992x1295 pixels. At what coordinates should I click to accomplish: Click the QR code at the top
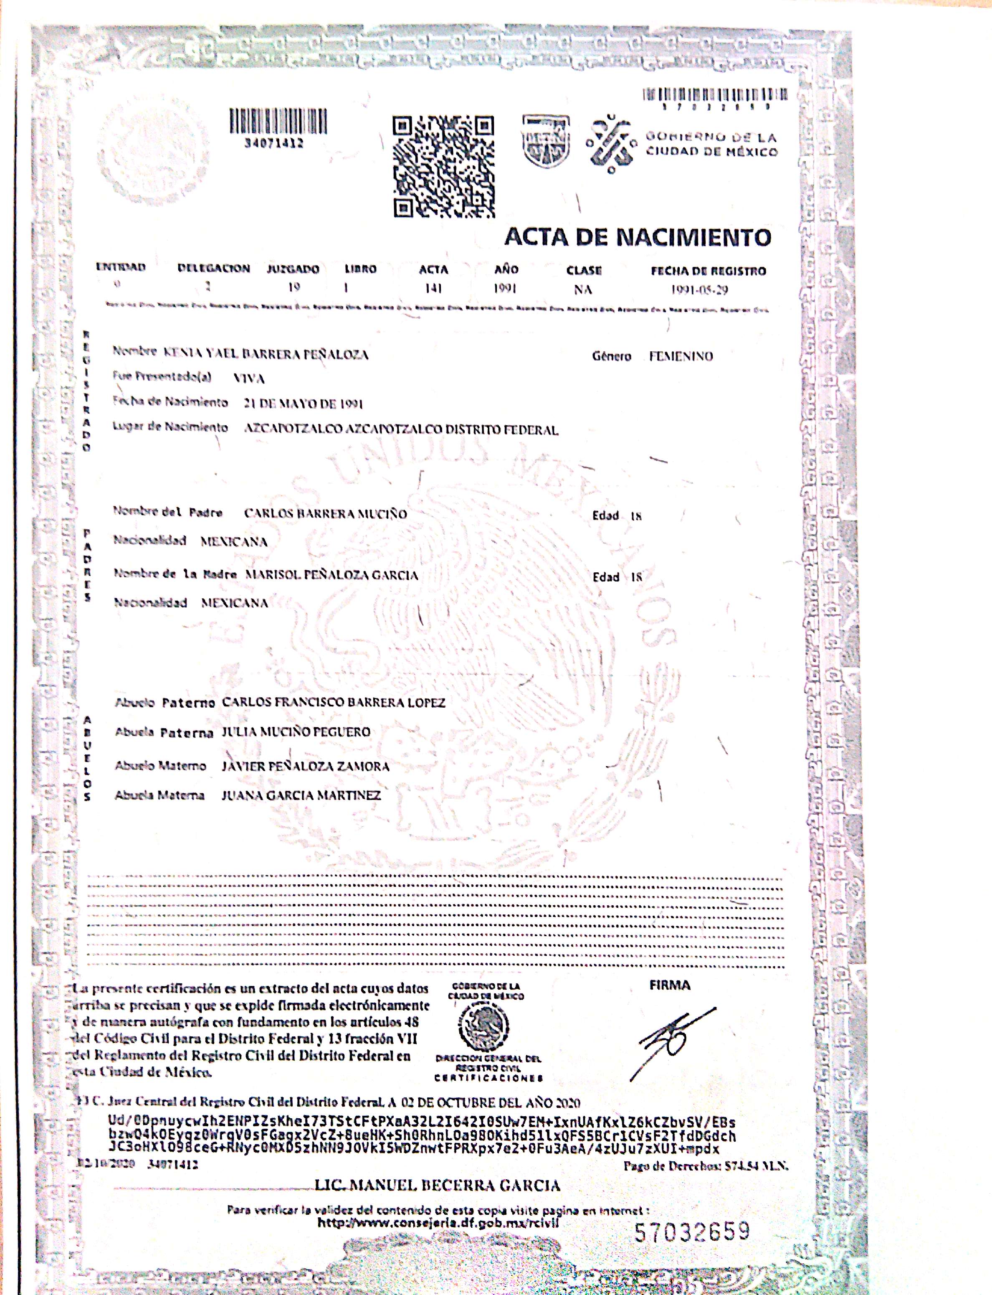pyautogui.click(x=443, y=167)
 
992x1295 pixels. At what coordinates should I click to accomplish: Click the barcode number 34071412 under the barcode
pyautogui.click(x=274, y=143)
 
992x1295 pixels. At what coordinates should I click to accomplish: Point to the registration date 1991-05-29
pyautogui.click(x=699, y=289)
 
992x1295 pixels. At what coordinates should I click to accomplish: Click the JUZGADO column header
pyautogui.click(x=293, y=269)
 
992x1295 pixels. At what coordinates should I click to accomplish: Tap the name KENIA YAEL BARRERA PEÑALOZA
pyautogui.click(x=266, y=355)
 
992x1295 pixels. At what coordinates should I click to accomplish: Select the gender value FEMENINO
pyautogui.click(x=681, y=356)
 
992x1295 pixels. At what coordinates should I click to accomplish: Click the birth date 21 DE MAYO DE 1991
pyautogui.click(x=303, y=404)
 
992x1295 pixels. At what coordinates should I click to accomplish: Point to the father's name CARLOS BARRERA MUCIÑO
pyautogui.click(x=325, y=513)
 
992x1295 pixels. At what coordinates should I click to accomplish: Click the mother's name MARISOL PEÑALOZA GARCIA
pyautogui.click(x=331, y=575)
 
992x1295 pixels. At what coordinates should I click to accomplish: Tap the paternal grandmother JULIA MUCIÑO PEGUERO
pyautogui.click(x=296, y=732)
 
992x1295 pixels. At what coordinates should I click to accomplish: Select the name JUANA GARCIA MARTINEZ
pyautogui.click(x=301, y=795)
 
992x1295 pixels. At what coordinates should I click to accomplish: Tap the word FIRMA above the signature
pyautogui.click(x=670, y=985)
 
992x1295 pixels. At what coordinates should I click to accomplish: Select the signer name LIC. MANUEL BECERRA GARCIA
pyautogui.click(x=437, y=1185)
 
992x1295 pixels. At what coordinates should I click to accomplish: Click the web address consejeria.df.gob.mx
pyautogui.click(x=438, y=1223)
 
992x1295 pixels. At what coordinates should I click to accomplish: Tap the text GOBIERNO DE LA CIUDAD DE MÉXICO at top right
pyautogui.click(x=711, y=144)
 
